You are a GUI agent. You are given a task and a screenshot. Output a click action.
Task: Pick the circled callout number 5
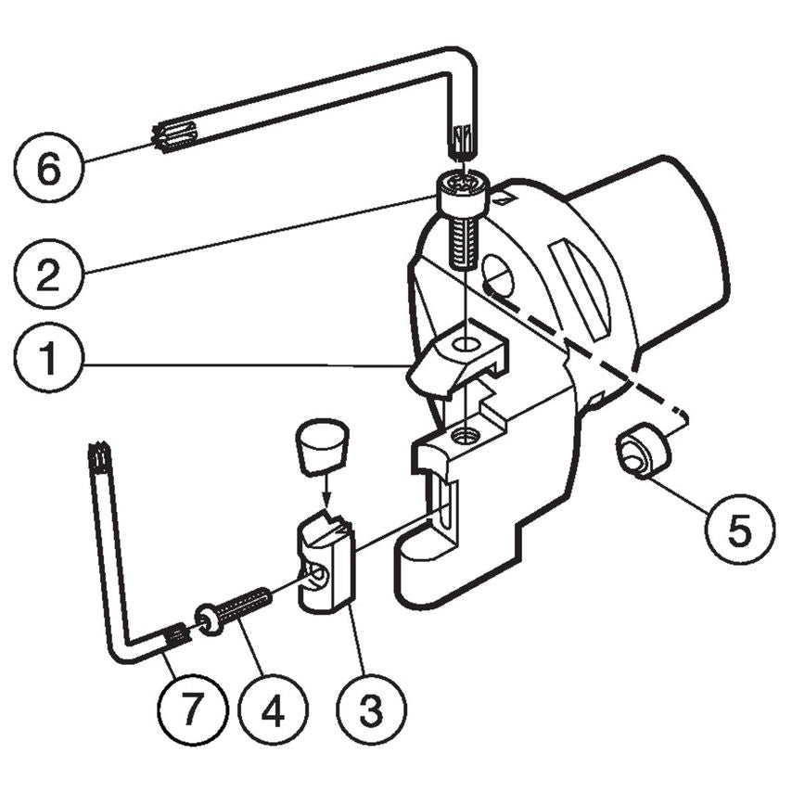(x=739, y=531)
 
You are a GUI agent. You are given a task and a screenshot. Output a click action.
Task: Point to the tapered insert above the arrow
(x=321, y=445)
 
